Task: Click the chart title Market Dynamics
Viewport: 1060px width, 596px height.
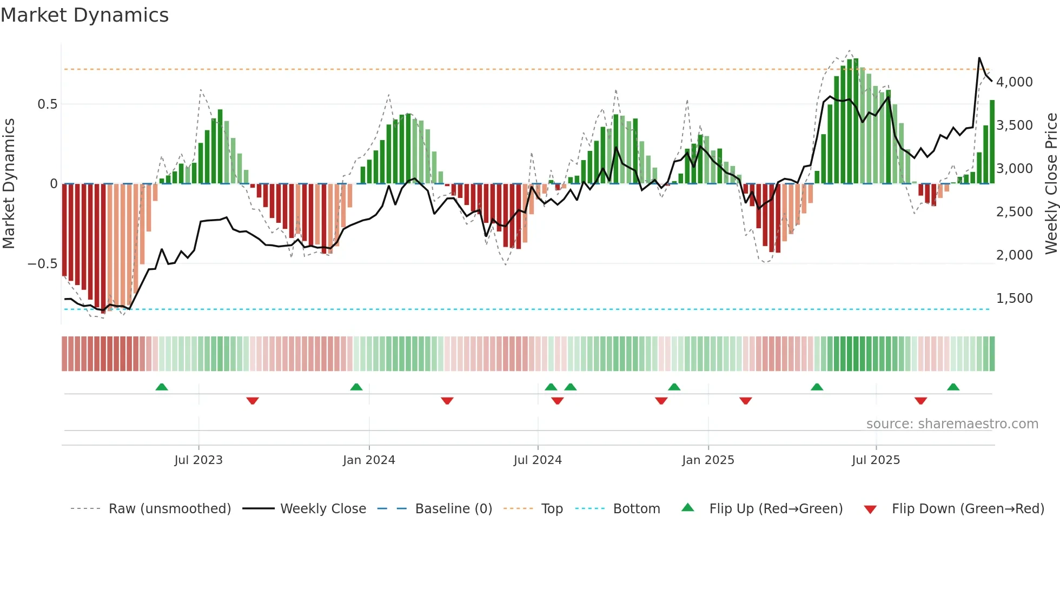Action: (84, 15)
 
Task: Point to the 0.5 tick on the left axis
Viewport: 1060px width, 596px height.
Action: (47, 104)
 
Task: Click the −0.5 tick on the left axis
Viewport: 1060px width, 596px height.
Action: (42, 264)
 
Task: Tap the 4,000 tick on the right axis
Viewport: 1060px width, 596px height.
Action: (1014, 82)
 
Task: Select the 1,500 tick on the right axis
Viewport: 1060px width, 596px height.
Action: (1014, 299)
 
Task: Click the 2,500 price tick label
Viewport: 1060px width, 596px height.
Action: (1014, 212)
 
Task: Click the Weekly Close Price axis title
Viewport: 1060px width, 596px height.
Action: (1051, 184)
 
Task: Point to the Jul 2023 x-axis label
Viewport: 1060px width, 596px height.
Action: (198, 460)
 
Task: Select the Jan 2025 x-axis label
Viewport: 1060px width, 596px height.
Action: (708, 460)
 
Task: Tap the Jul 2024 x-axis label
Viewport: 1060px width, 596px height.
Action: (538, 460)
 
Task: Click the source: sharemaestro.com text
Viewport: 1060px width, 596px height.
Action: (952, 424)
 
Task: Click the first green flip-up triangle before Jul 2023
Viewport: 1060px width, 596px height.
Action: (162, 387)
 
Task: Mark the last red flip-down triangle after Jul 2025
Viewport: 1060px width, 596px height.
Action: (921, 401)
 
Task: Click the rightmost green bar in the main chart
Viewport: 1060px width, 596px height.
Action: (992, 142)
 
